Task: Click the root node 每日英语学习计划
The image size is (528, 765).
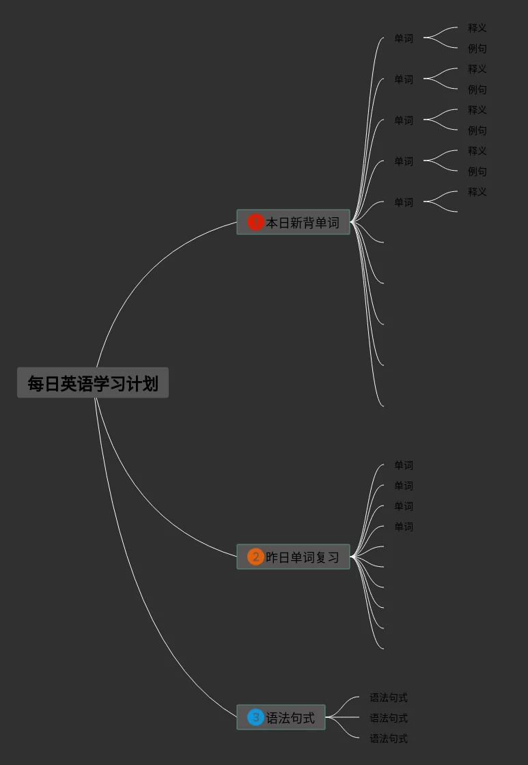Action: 93,383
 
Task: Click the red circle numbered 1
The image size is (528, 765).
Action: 255,223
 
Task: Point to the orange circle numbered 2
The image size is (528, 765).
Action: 255,557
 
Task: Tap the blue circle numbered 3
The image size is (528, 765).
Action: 255,718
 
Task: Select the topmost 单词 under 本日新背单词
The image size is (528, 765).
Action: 404,38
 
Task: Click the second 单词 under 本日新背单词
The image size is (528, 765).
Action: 404,79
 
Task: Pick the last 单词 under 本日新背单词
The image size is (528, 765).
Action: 404,202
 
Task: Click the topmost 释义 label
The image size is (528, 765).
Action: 477,28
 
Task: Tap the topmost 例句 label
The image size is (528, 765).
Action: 477,48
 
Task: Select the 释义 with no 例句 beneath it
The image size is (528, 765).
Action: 477,192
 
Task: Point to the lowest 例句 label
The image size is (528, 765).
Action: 477,171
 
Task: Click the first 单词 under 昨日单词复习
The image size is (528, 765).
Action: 404,465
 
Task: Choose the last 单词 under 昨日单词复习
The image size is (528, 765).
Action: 404,527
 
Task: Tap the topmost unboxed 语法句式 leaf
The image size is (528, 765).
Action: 389,697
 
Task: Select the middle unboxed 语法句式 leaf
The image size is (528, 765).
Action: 389,718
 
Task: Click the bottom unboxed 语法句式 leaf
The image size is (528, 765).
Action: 389,738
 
